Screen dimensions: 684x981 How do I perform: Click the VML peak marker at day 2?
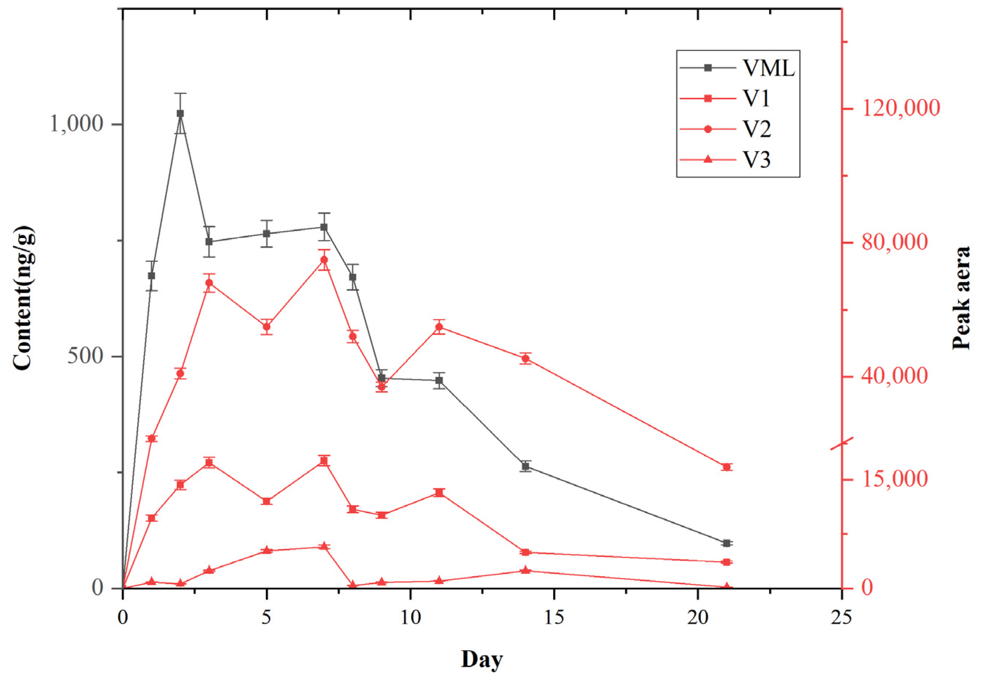[180, 113]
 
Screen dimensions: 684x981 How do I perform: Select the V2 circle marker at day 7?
[324, 260]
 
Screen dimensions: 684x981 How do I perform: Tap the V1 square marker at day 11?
[439, 493]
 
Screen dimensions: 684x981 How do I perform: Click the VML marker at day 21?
[726, 543]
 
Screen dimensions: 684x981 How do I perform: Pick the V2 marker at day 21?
[726, 467]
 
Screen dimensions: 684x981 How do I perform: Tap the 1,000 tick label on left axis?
[77, 124]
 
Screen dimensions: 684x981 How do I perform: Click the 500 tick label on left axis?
[86, 356]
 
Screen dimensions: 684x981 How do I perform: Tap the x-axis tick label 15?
[554, 618]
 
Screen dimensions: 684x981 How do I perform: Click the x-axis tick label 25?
[841, 618]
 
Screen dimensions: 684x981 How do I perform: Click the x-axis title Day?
[482, 659]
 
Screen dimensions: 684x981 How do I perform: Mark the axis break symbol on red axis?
[842, 443]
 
